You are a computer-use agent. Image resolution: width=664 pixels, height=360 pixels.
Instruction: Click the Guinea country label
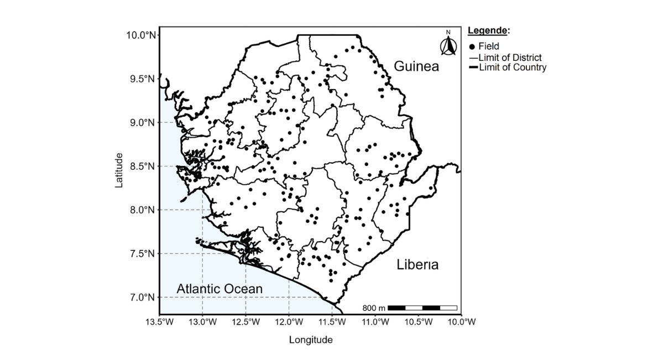pos(416,67)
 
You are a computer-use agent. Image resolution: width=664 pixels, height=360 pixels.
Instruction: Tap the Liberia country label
pos(417,265)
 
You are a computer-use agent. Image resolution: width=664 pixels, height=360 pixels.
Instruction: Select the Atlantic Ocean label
pos(219,289)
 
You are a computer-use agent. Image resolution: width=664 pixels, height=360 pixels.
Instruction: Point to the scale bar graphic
pos(422,307)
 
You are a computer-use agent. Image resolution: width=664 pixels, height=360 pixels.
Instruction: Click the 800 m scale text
pos(374,307)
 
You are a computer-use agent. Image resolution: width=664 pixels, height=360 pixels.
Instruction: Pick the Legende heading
pos(488,31)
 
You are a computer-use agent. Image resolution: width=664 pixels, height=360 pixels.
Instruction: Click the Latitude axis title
pos(119,170)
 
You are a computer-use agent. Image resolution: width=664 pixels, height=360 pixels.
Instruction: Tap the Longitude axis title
pos(311,340)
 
